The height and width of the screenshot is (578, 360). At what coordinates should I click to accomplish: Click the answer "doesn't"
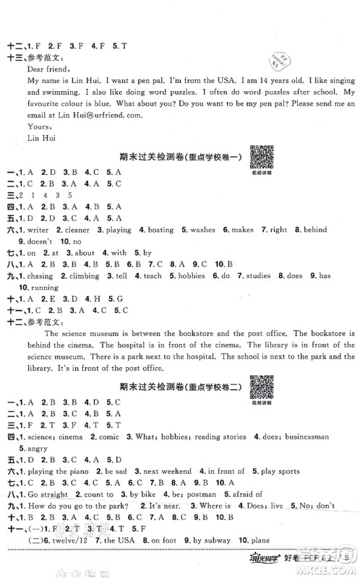pos(37,241)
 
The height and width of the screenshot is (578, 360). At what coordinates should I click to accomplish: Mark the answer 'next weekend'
pos(166,471)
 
